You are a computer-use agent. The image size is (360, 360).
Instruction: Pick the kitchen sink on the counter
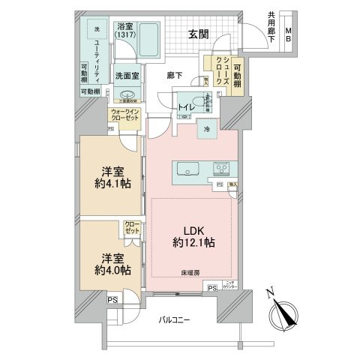(x=185, y=170)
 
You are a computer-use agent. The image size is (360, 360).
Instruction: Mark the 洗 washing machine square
(x=95, y=30)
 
